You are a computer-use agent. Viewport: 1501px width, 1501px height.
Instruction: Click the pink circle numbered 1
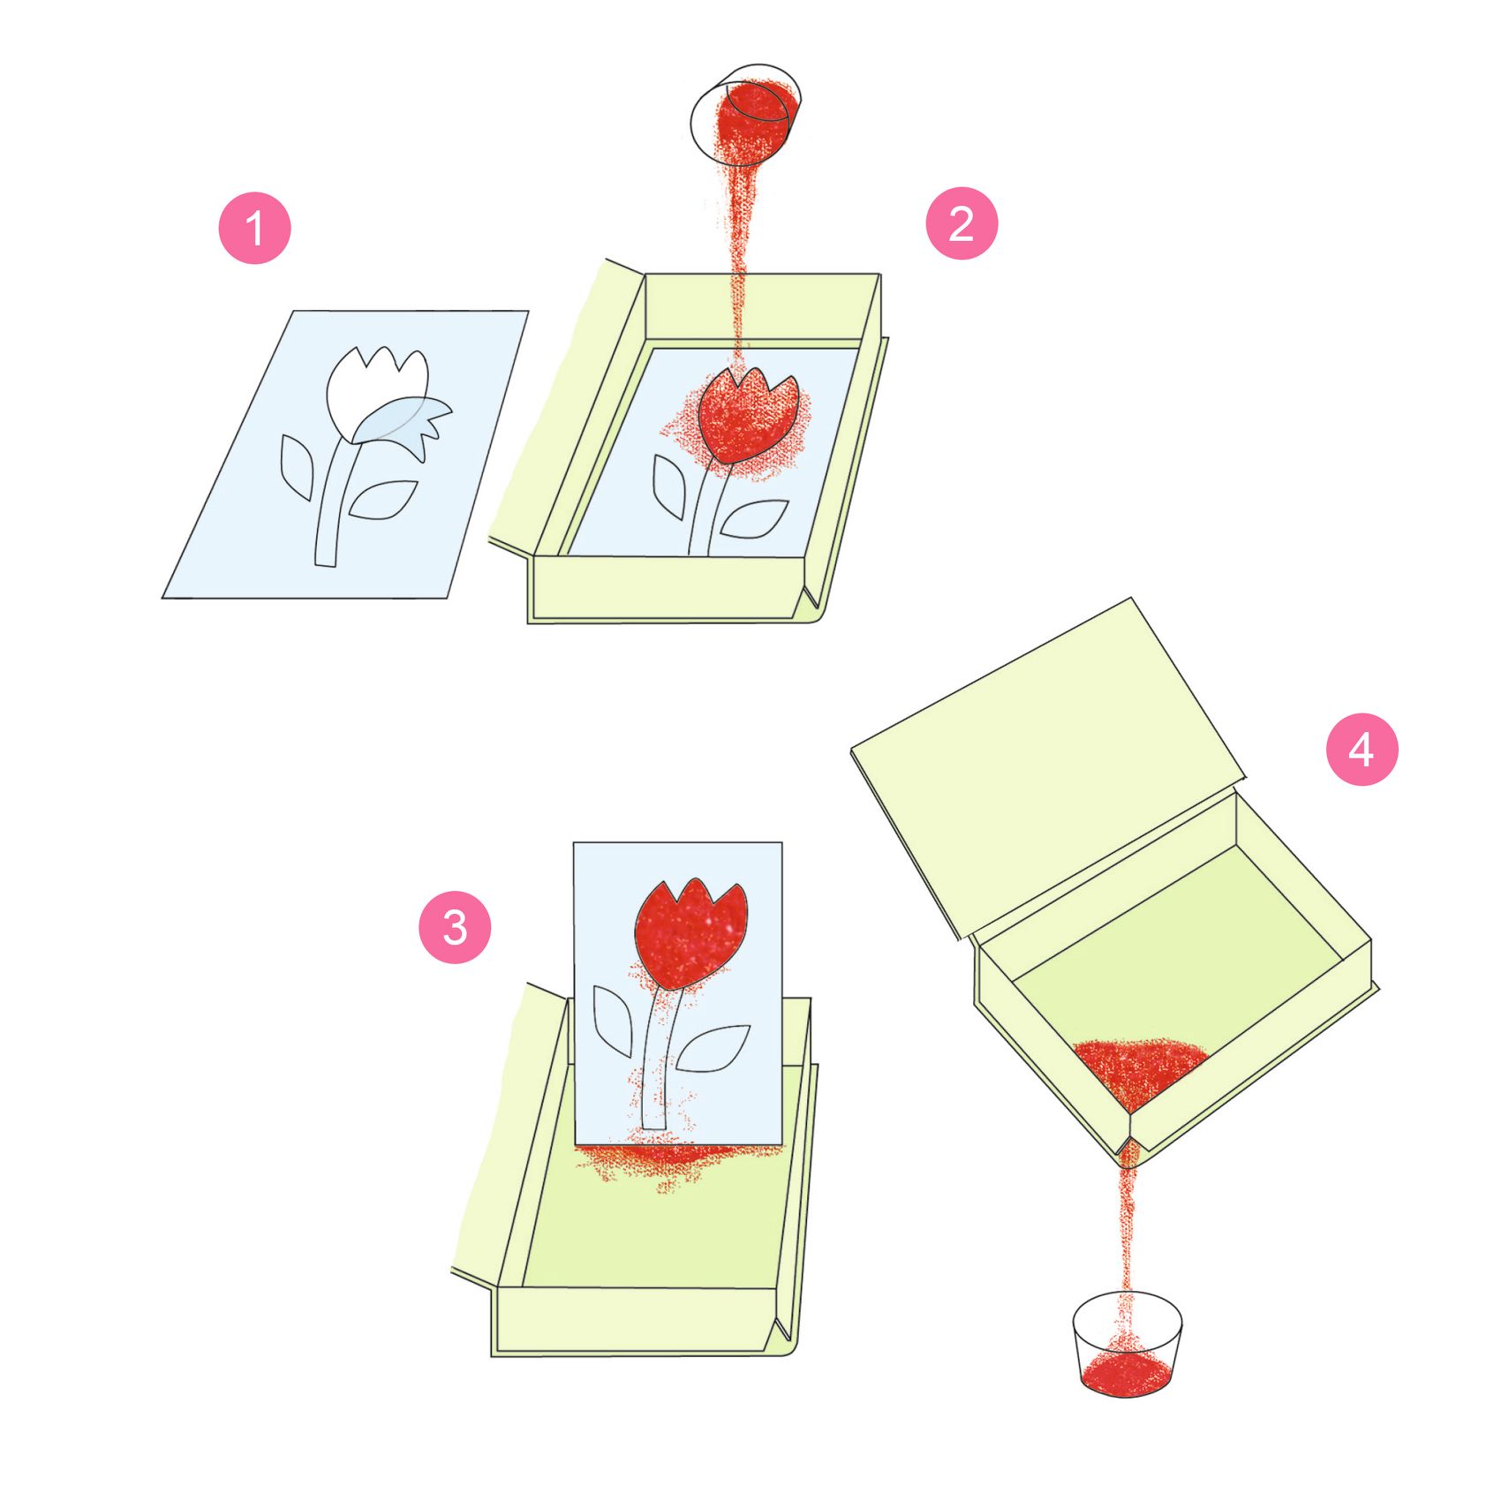254,228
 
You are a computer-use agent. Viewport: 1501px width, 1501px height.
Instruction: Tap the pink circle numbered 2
962,223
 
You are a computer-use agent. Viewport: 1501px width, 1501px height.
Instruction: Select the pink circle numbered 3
455,927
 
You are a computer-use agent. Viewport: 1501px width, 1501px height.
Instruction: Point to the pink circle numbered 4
1362,749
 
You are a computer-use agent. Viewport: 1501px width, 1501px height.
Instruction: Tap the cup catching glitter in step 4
1128,1344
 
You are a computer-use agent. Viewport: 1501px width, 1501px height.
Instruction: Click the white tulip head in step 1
375,393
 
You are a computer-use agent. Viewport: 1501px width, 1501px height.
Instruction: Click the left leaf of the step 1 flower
297,466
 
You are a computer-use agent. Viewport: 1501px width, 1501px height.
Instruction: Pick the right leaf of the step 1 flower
381,500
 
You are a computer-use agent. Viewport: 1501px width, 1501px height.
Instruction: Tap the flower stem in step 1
332,503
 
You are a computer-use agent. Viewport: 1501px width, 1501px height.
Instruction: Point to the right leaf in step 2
753,519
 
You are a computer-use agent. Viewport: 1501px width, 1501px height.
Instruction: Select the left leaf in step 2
668,487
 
